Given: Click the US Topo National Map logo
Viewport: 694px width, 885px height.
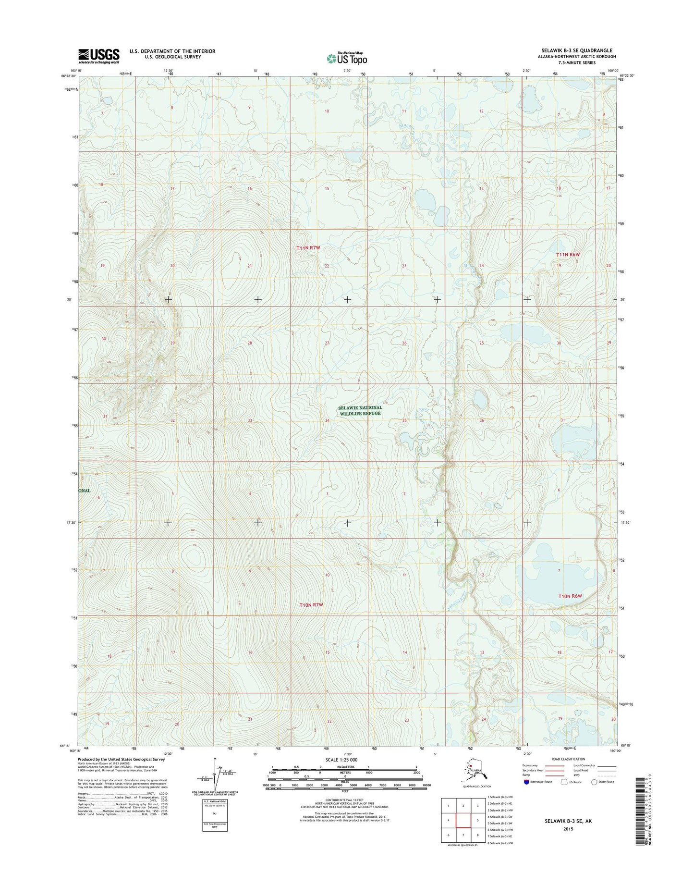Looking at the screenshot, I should [x=347, y=58].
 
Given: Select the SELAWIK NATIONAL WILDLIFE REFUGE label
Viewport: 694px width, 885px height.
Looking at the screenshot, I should [x=360, y=410].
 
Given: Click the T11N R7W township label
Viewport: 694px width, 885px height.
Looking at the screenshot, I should [x=308, y=247].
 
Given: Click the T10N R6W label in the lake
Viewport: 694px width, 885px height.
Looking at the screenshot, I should [x=570, y=596].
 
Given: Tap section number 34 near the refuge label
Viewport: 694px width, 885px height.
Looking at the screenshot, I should [x=327, y=420].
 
